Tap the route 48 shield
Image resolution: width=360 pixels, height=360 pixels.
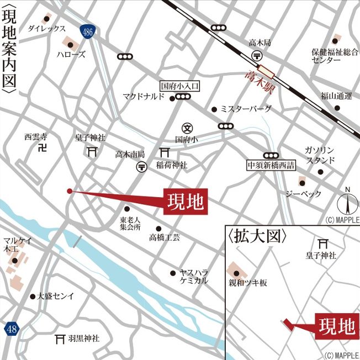point(12,329)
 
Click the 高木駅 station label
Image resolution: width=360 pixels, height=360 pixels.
point(261,81)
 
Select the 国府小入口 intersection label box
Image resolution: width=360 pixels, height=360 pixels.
point(179,86)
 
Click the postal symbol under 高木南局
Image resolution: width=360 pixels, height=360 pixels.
point(141,166)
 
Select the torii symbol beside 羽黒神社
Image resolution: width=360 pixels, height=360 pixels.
point(60,338)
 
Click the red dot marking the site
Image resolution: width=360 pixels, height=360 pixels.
point(69,191)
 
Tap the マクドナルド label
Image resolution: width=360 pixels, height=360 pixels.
point(144,97)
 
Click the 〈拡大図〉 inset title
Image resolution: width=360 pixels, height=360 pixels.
point(257,236)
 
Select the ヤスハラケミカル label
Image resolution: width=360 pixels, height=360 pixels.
point(194,276)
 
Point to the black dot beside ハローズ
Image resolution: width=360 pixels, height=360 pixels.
point(70,45)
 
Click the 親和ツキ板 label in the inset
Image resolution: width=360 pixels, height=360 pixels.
point(248,282)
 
